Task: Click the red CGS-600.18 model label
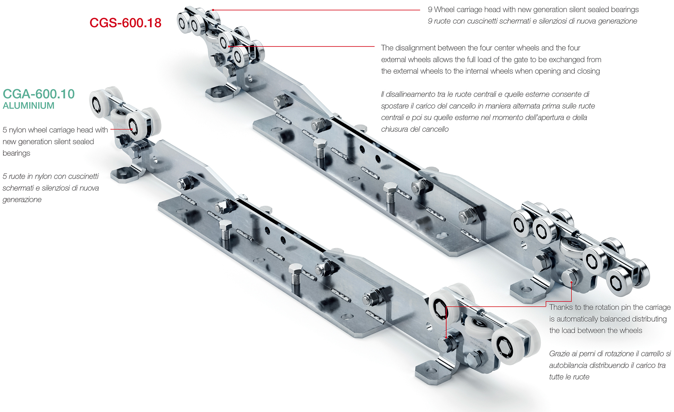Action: tap(125, 23)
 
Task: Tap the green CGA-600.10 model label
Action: tap(38, 94)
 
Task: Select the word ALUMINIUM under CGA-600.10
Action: tap(28, 106)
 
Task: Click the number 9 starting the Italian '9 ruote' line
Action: tap(430, 21)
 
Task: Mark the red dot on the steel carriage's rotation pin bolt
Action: tap(571, 282)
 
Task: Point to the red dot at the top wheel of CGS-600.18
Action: tap(213, 10)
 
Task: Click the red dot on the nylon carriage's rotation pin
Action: tap(446, 337)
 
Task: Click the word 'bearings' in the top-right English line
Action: tap(625, 10)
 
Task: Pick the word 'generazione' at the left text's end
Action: tap(22, 200)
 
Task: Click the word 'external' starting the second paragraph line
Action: tap(393, 60)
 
